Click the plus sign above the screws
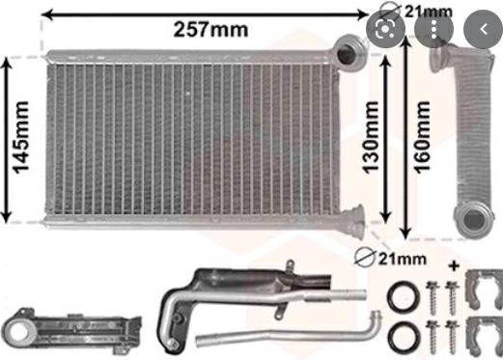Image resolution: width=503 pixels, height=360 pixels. [x=455, y=263]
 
